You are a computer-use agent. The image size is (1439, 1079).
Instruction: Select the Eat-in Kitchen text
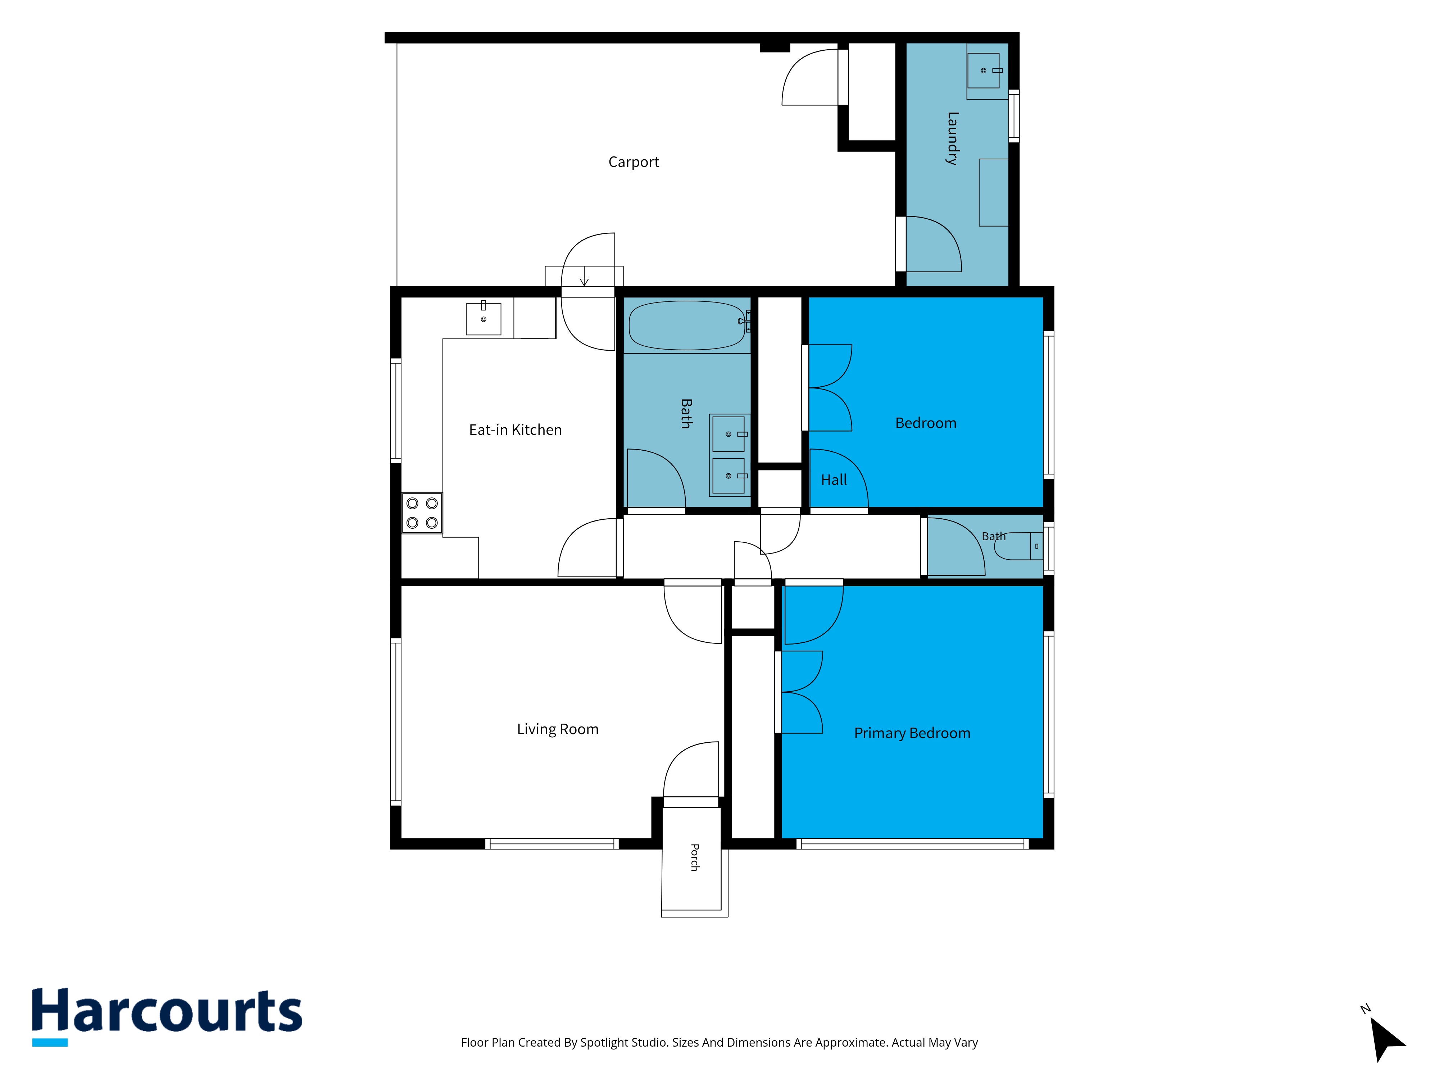pyautogui.click(x=515, y=430)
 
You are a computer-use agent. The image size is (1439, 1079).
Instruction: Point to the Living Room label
pyautogui.click(x=558, y=729)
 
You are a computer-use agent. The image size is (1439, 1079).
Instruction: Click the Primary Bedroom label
pyautogui.click(x=912, y=733)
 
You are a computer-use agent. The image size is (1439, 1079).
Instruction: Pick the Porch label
pyautogui.click(x=695, y=857)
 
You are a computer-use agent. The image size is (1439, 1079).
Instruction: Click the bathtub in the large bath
pyautogui.click(x=687, y=325)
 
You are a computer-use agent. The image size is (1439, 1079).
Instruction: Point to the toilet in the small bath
pyautogui.click(x=1019, y=546)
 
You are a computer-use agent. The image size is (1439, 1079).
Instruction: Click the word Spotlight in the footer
pyautogui.click(x=604, y=1043)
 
